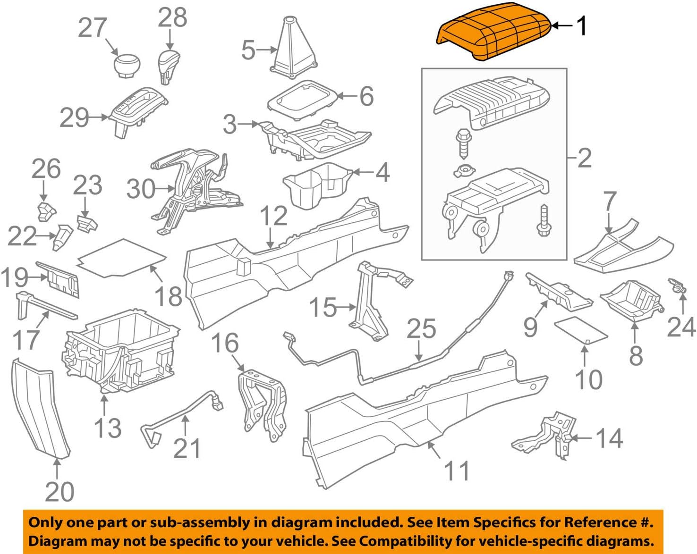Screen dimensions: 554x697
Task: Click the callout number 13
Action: [108, 428]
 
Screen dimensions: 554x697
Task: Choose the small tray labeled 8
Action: [630, 299]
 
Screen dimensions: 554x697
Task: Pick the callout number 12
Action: [273, 216]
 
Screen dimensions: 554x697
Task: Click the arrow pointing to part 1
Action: [562, 25]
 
